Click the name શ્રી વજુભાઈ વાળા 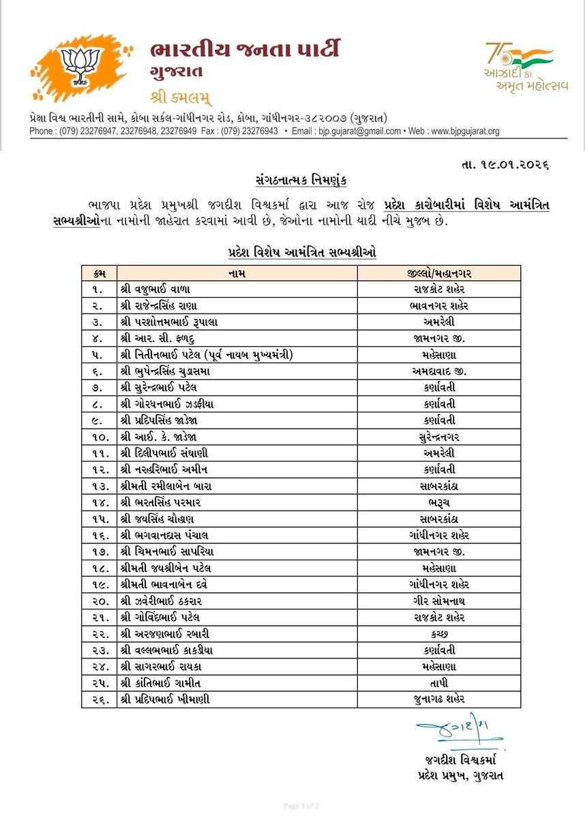[160, 288]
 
